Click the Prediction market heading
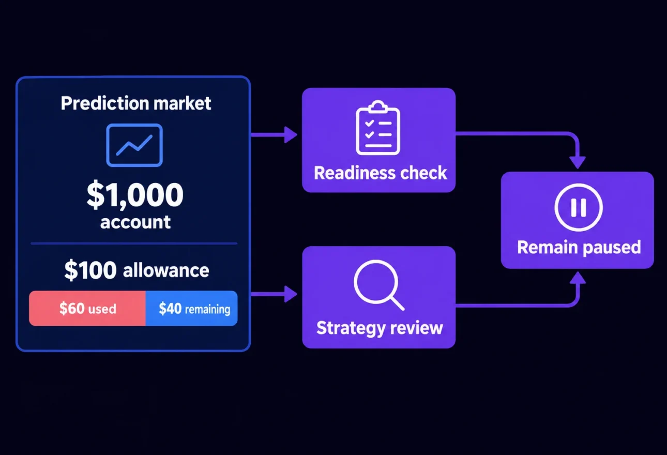click(x=136, y=103)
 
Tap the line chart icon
click(x=134, y=145)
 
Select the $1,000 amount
click(x=135, y=194)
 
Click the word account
click(x=135, y=222)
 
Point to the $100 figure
click(x=90, y=270)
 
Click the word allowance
click(x=166, y=270)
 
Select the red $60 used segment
click(x=87, y=308)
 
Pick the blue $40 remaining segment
click(x=191, y=308)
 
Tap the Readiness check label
click(x=380, y=173)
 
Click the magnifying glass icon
click(x=379, y=285)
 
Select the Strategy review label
click(x=380, y=328)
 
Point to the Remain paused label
click(x=579, y=247)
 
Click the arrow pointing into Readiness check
click(x=274, y=135)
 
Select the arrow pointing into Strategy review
click(x=274, y=294)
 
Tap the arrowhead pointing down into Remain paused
click(x=578, y=162)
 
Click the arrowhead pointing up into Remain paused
click(x=578, y=278)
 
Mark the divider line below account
click(x=134, y=244)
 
